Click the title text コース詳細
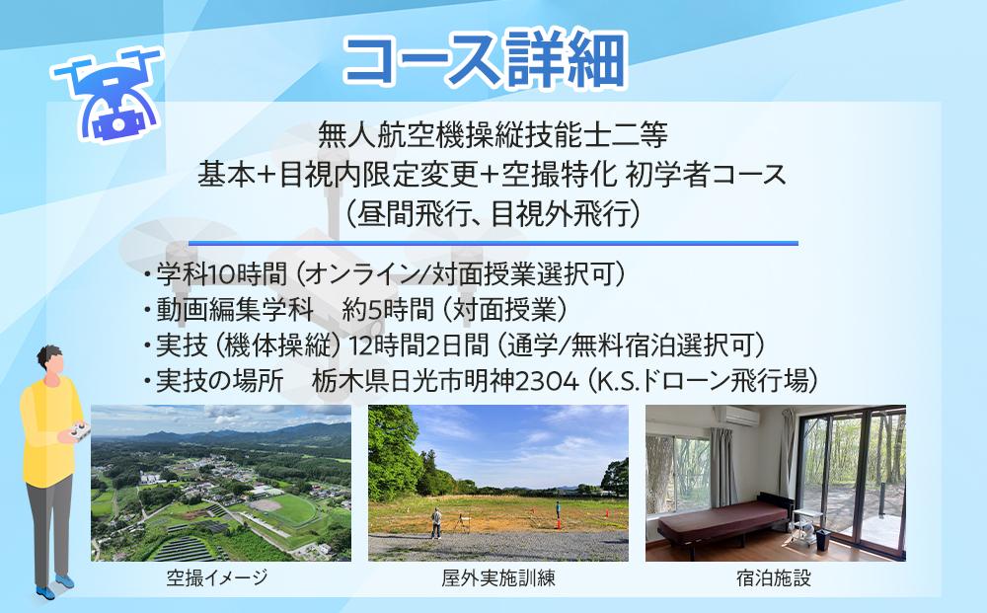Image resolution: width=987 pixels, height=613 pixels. pyautogui.click(x=485, y=62)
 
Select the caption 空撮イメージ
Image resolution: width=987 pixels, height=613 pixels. pyautogui.click(x=217, y=578)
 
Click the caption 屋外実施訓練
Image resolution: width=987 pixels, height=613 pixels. pyautogui.click(x=498, y=578)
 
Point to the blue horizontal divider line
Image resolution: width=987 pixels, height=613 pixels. pyautogui.click(x=493, y=243)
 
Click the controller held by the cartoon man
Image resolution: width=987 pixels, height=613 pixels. pyautogui.click(x=78, y=431)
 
